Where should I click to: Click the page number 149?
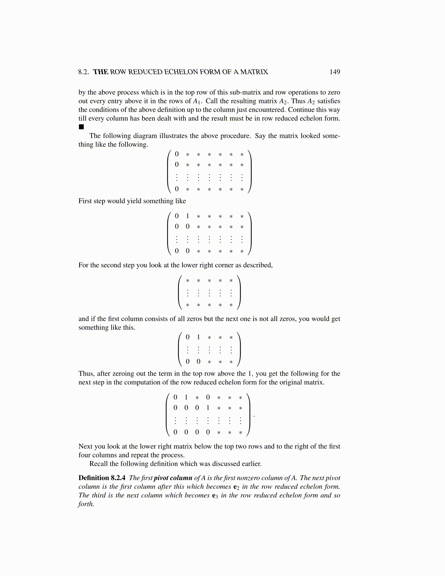[334, 72]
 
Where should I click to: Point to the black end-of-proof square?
[81, 127]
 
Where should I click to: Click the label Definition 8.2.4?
[102, 478]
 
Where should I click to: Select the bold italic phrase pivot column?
[173, 478]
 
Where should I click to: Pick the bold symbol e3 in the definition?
[215, 496]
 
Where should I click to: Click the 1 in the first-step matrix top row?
[188, 216]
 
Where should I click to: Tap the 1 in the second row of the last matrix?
[208, 408]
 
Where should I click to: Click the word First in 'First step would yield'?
[85, 201]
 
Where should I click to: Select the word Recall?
[99, 464]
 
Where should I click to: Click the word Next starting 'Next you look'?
[85, 446]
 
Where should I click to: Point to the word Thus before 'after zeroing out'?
[86, 373]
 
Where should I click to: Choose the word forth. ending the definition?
[86, 504]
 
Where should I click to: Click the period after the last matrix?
[254, 416]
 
